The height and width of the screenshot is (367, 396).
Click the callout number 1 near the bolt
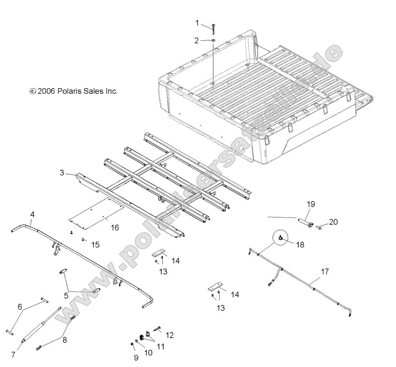pyautogui.click(x=197, y=23)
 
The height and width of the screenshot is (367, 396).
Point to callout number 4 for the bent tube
pyautogui.click(x=32, y=214)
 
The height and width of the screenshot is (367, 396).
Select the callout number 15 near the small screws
pyautogui.click(x=95, y=245)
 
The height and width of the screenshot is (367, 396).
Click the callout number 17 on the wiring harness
pyautogui.click(x=324, y=271)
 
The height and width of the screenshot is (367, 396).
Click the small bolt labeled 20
pyautogui.click(x=320, y=227)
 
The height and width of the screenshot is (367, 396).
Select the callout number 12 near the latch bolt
pyautogui.click(x=170, y=335)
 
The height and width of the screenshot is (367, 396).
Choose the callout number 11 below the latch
pyautogui.click(x=160, y=346)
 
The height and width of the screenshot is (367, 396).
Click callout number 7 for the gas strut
pyautogui.click(x=13, y=354)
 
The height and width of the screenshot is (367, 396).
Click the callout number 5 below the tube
pyautogui.click(x=66, y=295)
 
